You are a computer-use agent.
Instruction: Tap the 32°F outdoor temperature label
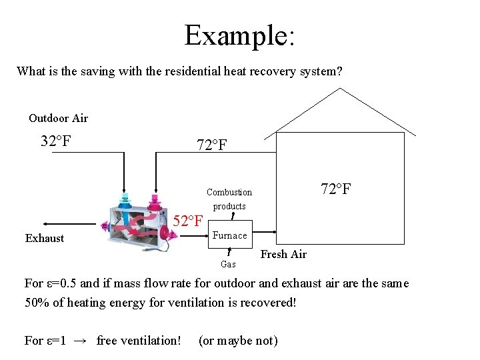tap(56, 141)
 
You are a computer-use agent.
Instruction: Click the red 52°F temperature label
tap(188, 221)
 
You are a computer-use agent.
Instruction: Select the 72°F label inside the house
tap(336, 189)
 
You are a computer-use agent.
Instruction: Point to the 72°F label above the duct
tap(213, 145)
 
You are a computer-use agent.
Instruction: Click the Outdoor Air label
tap(58, 118)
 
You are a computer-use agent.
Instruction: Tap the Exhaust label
tap(45, 238)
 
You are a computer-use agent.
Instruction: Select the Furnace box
tap(230, 235)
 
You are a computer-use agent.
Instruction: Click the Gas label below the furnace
tap(228, 264)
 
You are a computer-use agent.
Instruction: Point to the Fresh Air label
tap(283, 254)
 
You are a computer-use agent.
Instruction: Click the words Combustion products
tap(229, 199)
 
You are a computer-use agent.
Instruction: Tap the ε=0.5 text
tap(56, 283)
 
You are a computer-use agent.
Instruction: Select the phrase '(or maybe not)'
tap(238, 341)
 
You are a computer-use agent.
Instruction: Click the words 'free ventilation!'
tap(139, 341)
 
